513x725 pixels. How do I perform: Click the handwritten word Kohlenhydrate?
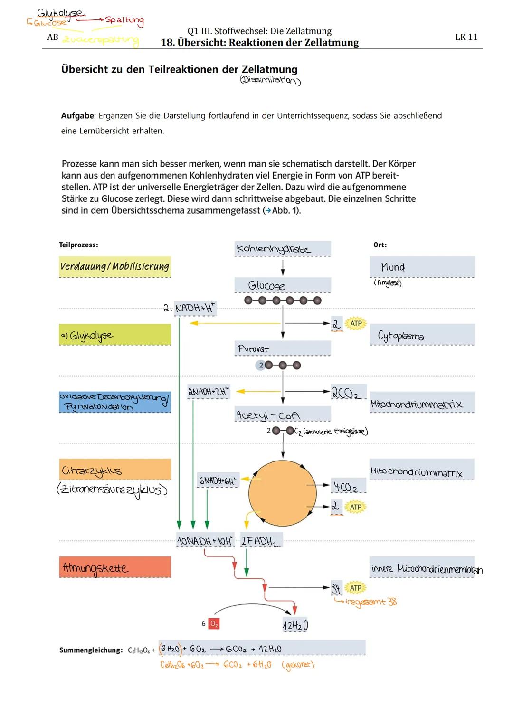[x=274, y=249]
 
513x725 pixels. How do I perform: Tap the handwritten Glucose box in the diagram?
[x=267, y=285]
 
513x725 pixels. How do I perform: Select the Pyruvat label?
[x=253, y=349]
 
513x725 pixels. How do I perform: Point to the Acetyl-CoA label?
[x=268, y=415]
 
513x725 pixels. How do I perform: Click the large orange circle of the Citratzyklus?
[x=282, y=493]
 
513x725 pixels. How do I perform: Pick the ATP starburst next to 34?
[x=356, y=588]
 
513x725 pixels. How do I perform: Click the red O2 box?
[x=214, y=623]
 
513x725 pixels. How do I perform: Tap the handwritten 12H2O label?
[x=295, y=626]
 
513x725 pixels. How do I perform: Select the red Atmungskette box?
[x=114, y=567]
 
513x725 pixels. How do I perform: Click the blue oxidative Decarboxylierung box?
[x=114, y=402]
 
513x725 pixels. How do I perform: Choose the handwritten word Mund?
[x=393, y=267]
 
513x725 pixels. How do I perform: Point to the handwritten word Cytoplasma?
[x=401, y=336]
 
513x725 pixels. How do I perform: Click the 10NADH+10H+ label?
[x=205, y=541]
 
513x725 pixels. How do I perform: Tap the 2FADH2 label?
[x=259, y=541]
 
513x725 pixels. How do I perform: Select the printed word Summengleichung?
[x=91, y=650]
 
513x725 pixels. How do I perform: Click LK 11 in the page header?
[x=466, y=37]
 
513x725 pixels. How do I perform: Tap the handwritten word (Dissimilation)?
[x=270, y=80]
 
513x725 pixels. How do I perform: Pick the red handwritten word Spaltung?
[x=124, y=20]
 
